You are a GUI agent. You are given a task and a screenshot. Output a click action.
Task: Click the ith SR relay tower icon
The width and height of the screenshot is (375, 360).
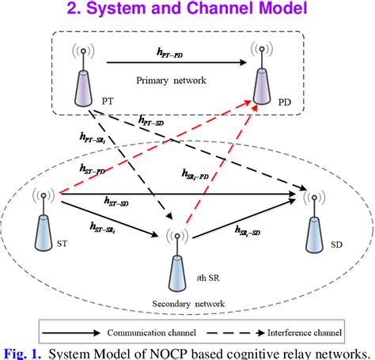point(175,258)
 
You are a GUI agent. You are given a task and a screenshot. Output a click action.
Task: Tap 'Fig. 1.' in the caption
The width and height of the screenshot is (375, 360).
point(22,351)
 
